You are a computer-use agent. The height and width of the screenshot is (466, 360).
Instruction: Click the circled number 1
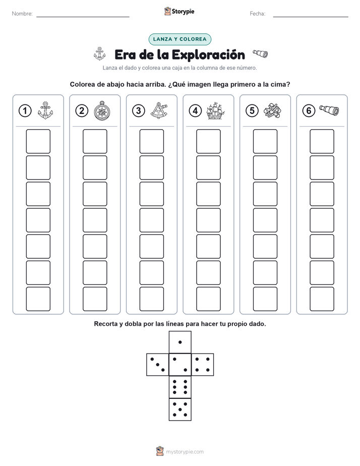pyautogui.click(x=25, y=111)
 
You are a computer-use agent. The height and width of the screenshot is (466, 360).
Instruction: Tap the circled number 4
pyautogui.click(x=195, y=111)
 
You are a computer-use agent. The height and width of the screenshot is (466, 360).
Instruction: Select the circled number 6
pyautogui.click(x=309, y=111)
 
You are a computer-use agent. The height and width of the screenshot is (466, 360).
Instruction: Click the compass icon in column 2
pyautogui.click(x=102, y=111)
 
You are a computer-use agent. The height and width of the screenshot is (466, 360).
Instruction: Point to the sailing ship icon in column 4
pyautogui.click(x=215, y=111)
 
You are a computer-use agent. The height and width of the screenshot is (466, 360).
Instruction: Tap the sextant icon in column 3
pyautogui.click(x=159, y=111)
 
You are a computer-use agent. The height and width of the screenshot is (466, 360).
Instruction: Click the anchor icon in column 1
pyautogui.click(x=45, y=110)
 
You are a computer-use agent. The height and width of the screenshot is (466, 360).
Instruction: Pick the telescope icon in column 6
pyautogui.click(x=329, y=110)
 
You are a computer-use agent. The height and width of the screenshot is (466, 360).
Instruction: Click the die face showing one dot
pyautogui.click(x=180, y=342)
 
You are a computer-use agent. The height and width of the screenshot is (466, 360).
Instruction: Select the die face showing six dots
pyautogui.click(x=180, y=387)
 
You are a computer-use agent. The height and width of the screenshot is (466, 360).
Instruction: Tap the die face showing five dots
pyautogui.click(x=180, y=410)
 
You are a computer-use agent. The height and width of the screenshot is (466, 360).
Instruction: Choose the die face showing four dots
pyautogui.click(x=203, y=365)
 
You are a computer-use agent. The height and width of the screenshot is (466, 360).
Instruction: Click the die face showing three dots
pyautogui.click(x=158, y=365)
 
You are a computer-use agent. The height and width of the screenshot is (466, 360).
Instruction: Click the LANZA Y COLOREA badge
pyautogui.click(x=179, y=39)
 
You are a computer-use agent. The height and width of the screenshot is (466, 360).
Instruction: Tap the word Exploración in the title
pyautogui.click(x=208, y=55)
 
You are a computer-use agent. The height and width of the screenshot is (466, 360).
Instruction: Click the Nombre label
pyautogui.click(x=22, y=14)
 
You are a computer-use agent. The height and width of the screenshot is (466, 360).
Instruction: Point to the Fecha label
pyautogui.click(x=258, y=14)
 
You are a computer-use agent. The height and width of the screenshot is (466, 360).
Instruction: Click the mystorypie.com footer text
pyautogui.click(x=185, y=452)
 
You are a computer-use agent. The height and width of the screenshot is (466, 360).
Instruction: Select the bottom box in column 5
pyautogui.click(x=265, y=299)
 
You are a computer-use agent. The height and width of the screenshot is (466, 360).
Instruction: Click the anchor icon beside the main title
pyautogui.click(x=100, y=54)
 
